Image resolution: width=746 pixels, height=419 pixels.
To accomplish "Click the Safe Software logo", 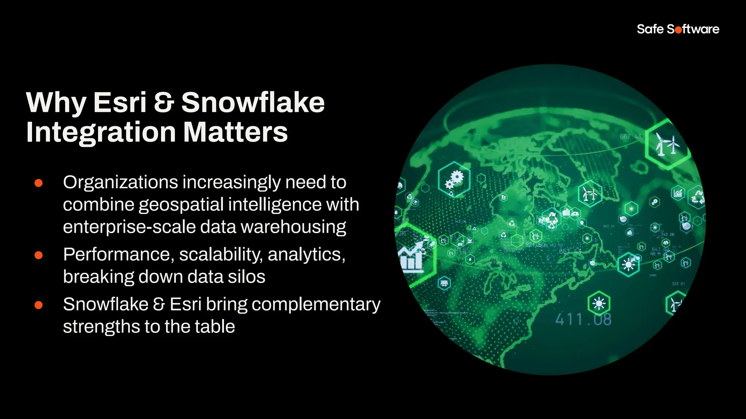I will click(x=678, y=29).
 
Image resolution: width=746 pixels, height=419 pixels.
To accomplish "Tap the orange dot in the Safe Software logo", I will click(x=678, y=30).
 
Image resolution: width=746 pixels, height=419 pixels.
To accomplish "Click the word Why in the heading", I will click(x=56, y=103).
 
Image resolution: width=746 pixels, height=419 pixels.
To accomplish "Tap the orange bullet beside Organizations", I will click(x=39, y=183).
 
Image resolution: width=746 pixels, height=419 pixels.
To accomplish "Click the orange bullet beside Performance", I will click(x=39, y=255).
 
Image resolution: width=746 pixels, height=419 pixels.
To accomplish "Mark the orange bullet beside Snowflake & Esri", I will click(x=39, y=305).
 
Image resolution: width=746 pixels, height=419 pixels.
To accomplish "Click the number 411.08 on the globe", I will click(x=583, y=320).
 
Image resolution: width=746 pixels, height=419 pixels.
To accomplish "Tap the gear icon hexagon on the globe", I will click(x=454, y=179).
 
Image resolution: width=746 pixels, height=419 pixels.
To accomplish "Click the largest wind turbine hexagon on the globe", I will click(x=667, y=144).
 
